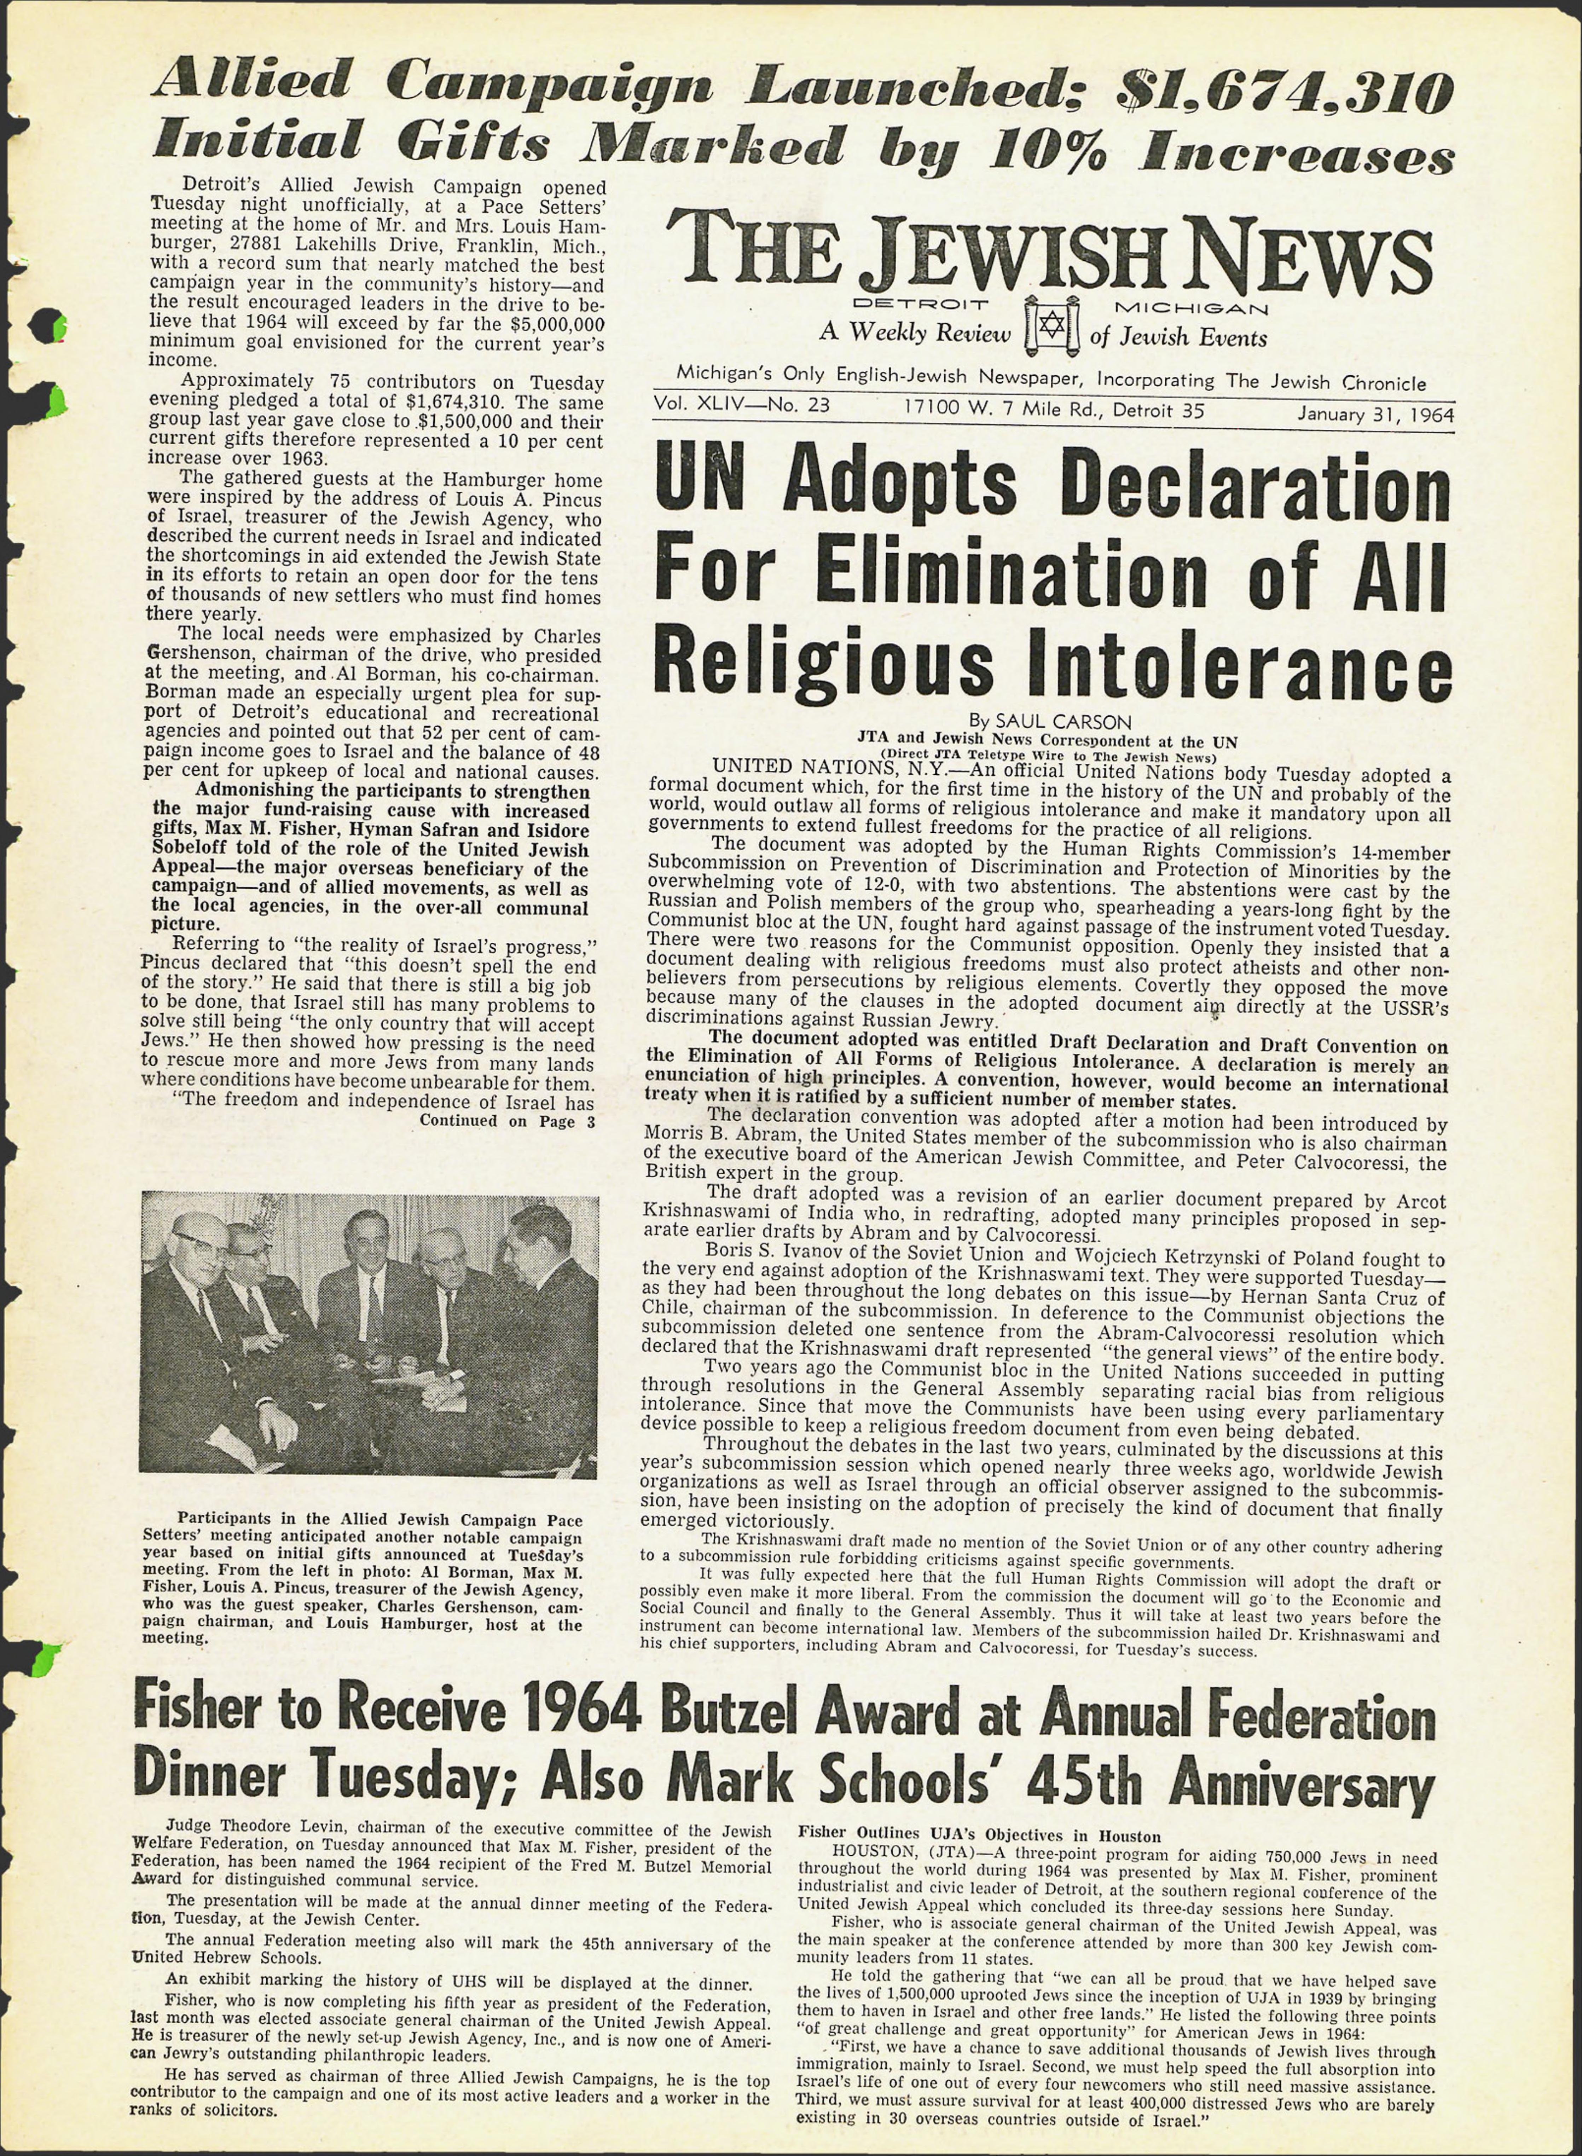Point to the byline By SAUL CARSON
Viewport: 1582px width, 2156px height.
pos(1050,721)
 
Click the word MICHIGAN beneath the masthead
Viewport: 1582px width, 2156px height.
pos(1192,308)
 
